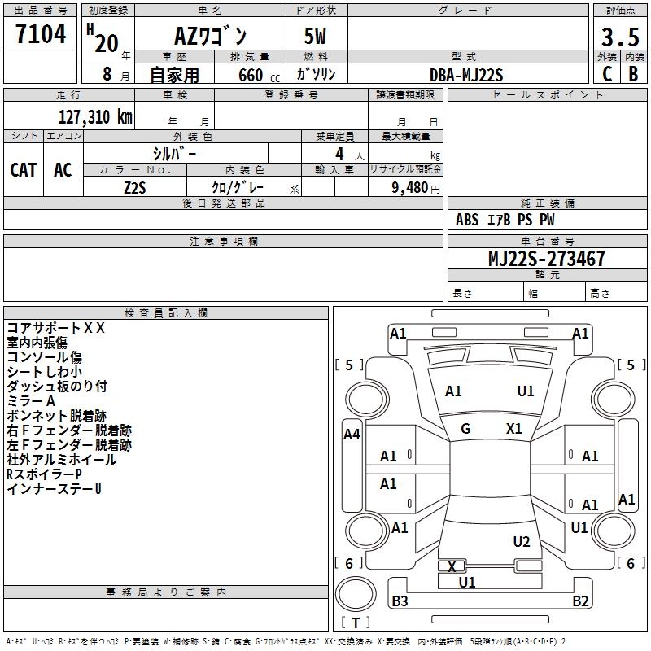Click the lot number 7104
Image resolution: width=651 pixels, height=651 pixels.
coord(41,34)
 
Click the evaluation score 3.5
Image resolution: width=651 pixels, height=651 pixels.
coord(619,37)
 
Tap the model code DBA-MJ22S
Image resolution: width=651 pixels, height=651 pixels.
coord(466,75)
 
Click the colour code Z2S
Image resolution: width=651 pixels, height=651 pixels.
coord(134,187)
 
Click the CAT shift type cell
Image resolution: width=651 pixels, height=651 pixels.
coord(24,169)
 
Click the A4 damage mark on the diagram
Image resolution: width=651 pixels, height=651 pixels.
coord(352,435)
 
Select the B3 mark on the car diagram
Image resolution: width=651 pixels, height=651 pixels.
coord(400,601)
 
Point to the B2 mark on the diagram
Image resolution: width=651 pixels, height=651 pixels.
coord(580,601)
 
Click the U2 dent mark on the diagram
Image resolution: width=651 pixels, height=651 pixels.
coord(522,542)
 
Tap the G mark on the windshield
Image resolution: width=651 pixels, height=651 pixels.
coord(465,429)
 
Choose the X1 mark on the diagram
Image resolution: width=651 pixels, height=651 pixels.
coord(513,429)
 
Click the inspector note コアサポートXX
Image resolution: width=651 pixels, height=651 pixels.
coord(56,328)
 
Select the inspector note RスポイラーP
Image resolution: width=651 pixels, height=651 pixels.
coord(44,474)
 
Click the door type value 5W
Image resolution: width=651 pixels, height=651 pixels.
coord(316,37)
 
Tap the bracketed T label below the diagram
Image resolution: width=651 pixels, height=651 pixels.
coord(356,623)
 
